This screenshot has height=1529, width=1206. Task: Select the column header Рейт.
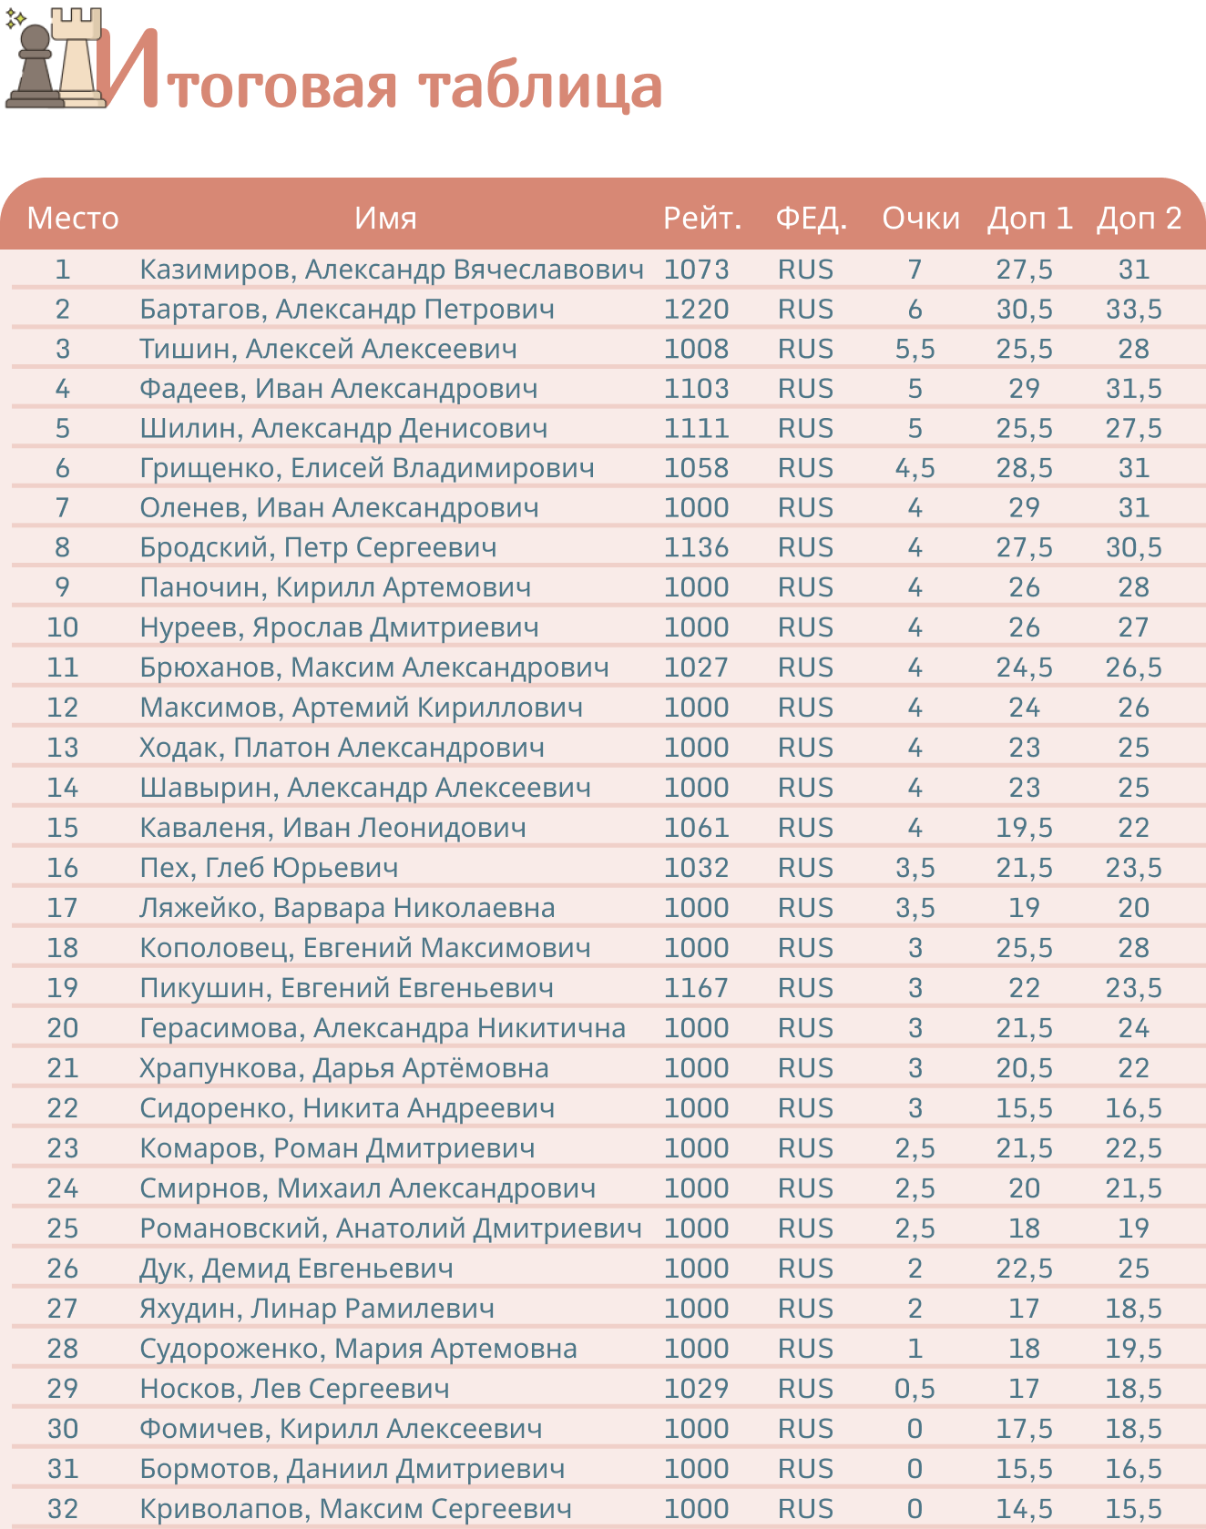[702, 219]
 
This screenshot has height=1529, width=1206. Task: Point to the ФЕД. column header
[811, 219]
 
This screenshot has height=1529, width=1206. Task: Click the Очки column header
[920, 219]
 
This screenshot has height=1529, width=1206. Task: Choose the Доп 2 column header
[1139, 219]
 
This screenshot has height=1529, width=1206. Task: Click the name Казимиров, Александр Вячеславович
[392, 270]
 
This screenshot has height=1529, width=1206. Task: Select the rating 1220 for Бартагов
[696, 310]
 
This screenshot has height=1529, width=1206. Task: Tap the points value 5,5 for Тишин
[915, 349]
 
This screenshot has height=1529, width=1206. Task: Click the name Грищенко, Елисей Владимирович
[366, 468]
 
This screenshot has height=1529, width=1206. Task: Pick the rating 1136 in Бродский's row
[696, 547]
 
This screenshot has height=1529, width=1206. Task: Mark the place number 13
[63, 748]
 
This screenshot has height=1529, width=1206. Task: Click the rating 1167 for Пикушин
[696, 988]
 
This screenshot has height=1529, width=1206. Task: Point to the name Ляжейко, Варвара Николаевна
[347, 908]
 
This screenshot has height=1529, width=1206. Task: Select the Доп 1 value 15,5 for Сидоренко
[1024, 1108]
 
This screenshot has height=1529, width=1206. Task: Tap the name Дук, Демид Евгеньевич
[296, 1269]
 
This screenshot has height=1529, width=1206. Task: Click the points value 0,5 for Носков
[915, 1389]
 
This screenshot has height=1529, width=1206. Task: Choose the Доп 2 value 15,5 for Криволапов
[1133, 1509]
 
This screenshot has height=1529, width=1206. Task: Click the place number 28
[63, 1349]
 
